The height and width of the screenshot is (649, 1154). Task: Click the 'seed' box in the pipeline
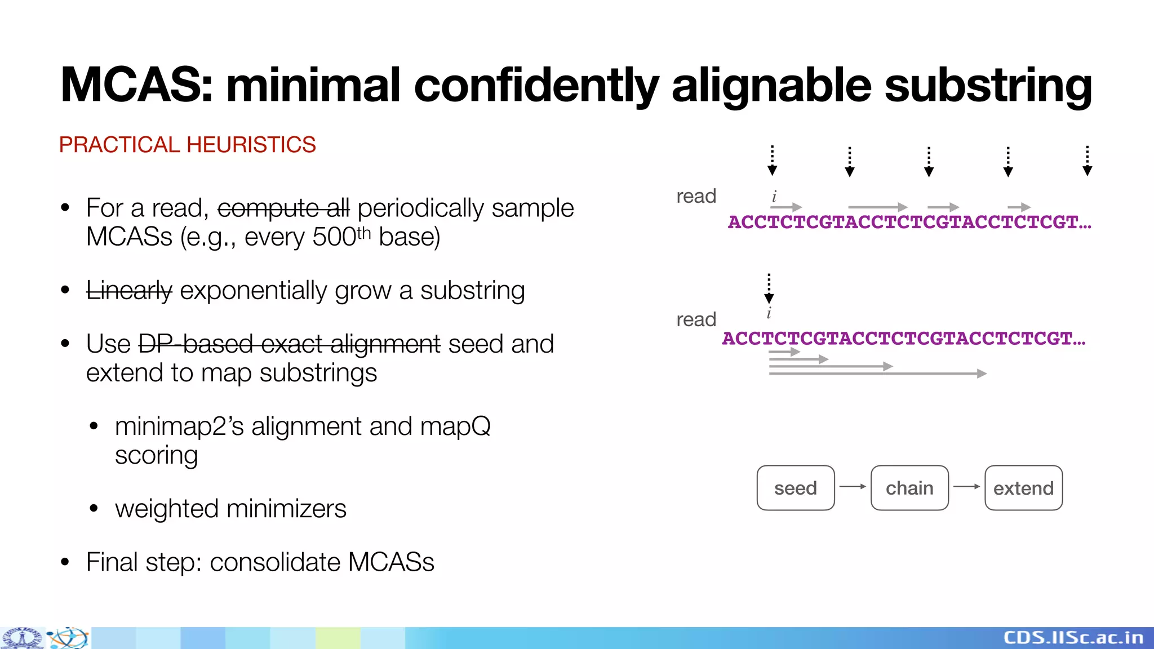795,488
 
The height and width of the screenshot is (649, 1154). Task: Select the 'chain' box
909,488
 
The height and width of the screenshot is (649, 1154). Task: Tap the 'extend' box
1023,488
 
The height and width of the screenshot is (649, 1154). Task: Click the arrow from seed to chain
853,486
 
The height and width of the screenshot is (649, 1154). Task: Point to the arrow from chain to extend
966,486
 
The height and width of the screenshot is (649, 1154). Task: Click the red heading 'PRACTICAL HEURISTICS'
187,145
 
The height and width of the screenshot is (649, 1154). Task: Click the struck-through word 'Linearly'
129,291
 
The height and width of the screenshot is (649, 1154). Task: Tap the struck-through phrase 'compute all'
283,208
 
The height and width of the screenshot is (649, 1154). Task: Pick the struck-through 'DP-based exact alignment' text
289,344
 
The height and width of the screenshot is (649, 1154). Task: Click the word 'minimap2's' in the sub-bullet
179,426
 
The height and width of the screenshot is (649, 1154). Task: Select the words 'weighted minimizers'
230,509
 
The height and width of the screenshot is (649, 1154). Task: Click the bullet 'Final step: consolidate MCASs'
260,562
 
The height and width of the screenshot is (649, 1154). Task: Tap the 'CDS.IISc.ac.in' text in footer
1073,638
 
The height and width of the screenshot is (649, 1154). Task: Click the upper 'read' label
696,196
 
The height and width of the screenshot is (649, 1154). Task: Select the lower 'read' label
696,319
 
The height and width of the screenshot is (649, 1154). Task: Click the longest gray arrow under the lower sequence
877,374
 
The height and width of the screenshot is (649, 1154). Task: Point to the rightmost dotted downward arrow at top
1088,161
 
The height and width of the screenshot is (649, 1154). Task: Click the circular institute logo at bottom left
22,638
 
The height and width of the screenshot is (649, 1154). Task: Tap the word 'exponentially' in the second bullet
253,291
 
